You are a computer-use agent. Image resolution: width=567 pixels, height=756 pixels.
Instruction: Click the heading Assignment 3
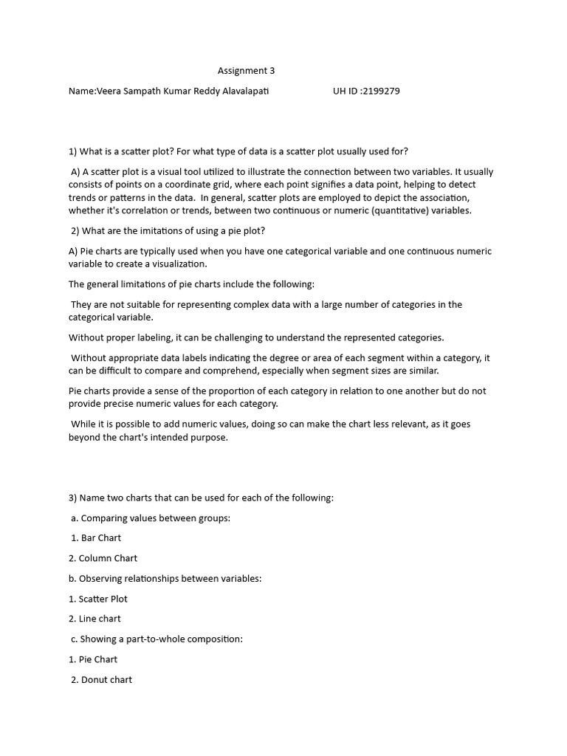(x=246, y=71)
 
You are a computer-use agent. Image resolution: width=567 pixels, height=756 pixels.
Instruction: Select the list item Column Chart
(x=108, y=558)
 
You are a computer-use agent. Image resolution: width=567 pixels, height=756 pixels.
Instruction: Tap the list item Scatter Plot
(x=103, y=599)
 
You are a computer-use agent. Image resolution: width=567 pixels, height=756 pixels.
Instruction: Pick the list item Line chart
(x=100, y=619)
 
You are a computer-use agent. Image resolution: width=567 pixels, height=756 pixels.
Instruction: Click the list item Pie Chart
(x=97, y=659)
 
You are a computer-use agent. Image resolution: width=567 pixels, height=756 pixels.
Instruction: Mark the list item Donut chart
(x=106, y=679)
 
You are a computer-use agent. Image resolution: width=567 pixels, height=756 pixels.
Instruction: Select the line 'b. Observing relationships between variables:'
(x=165, y=578)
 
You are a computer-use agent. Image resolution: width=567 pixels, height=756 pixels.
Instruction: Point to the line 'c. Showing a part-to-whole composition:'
(x=157, y=639)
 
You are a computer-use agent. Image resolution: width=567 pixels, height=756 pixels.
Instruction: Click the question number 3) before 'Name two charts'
(x=73, y=498)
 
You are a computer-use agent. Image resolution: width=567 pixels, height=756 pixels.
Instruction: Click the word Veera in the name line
(x=109, y=92)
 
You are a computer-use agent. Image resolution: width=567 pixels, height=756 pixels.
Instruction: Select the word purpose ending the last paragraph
(x=210, y=437)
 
